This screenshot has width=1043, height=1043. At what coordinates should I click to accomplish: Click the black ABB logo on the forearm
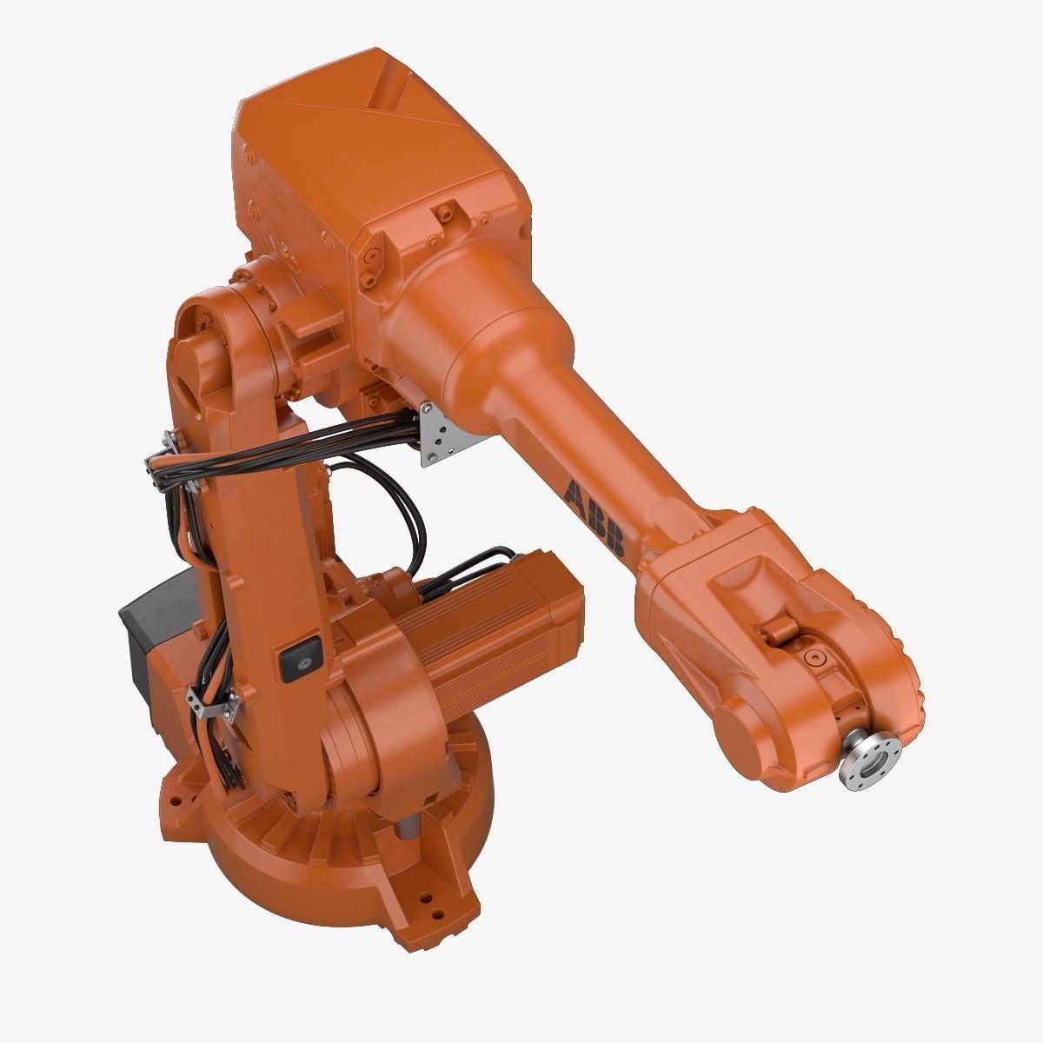pos(594,518)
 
